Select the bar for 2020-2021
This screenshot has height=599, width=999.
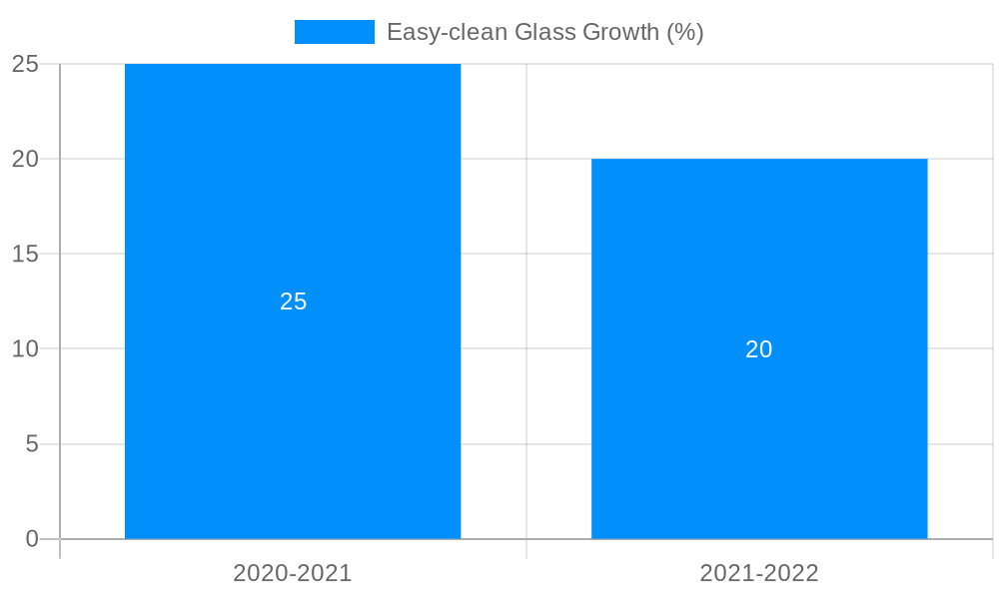(293, 399)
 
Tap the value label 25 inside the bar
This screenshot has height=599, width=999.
(293, 301)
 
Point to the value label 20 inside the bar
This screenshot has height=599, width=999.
(759, 349)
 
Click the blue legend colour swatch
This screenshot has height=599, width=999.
(334, 32)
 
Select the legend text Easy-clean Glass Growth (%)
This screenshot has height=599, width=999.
(544, 32)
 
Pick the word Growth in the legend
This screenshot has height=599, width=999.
(621, 32)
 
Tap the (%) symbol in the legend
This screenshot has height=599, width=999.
(685, 32)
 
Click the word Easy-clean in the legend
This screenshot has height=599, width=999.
(447, 32)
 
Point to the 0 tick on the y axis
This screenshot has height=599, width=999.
(32, 539)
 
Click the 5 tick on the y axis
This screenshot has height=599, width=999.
(32, 443)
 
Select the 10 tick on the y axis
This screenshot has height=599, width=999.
(25, 348)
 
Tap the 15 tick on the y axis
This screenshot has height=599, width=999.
(25, 254)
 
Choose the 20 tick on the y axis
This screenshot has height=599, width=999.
(25, 159)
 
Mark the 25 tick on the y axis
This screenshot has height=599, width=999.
(25, 64)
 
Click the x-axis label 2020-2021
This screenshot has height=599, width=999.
(293, 573)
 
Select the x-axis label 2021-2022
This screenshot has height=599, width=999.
(759, 573)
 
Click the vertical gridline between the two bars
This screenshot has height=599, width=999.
(526, 299)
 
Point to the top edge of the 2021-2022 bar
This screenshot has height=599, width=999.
(759, 160)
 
